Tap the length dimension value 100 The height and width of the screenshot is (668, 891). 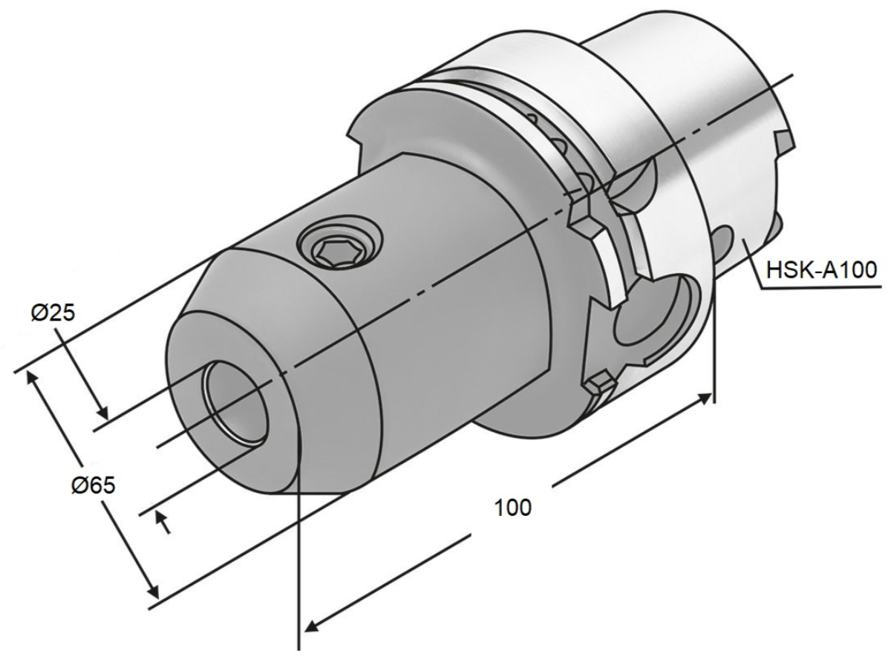pyautogui.click(x=513, y=508)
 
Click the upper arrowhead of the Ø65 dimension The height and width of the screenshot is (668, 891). pyautogui.click(x=33, y=378)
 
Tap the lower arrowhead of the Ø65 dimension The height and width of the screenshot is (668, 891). pyautogui.click(x=153, y=592)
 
